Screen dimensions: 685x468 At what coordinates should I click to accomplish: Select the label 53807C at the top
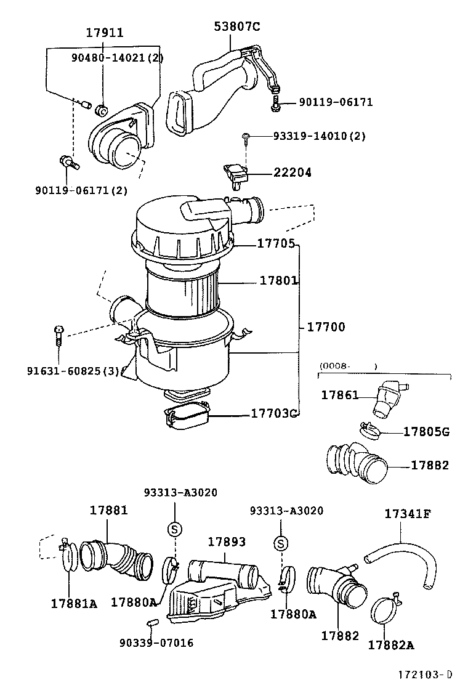pos(237,26)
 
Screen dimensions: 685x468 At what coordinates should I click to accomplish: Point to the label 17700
pos(326,327)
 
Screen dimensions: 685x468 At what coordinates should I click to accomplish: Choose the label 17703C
pos(274,413)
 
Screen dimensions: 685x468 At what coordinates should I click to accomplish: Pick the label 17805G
pos(426,432)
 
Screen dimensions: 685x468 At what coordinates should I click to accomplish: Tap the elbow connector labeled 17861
pos(386,397)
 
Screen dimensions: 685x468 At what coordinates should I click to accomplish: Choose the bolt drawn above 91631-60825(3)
pos(58,334)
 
